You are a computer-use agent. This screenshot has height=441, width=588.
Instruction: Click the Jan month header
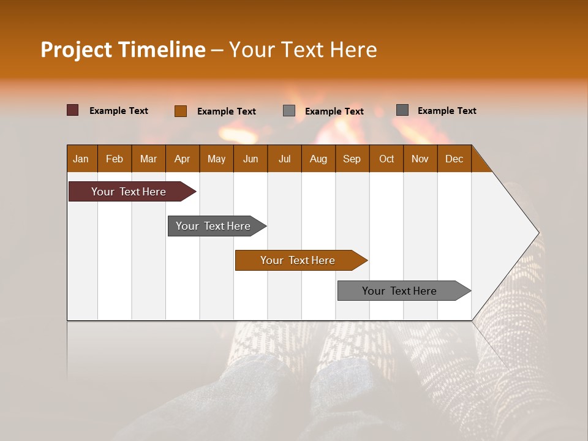81,159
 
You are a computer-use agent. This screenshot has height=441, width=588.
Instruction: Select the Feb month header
115,159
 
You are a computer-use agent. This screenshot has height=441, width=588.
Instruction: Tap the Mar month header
148,159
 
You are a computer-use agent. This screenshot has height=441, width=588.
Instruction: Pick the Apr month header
182,159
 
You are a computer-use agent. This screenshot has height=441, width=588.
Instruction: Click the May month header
216,159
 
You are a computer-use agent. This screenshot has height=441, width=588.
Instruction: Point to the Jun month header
251,159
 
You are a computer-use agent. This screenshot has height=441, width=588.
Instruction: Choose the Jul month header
284,159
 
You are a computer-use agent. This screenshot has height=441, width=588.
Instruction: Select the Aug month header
318,159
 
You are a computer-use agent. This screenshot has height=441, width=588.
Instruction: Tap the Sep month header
352,159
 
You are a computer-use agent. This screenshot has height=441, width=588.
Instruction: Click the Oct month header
386,159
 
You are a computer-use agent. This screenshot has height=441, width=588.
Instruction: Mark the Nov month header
420,159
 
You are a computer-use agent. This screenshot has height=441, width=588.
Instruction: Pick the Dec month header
454,159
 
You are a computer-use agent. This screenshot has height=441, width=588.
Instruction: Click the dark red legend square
73,110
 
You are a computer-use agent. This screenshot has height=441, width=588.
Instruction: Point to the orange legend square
181,111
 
